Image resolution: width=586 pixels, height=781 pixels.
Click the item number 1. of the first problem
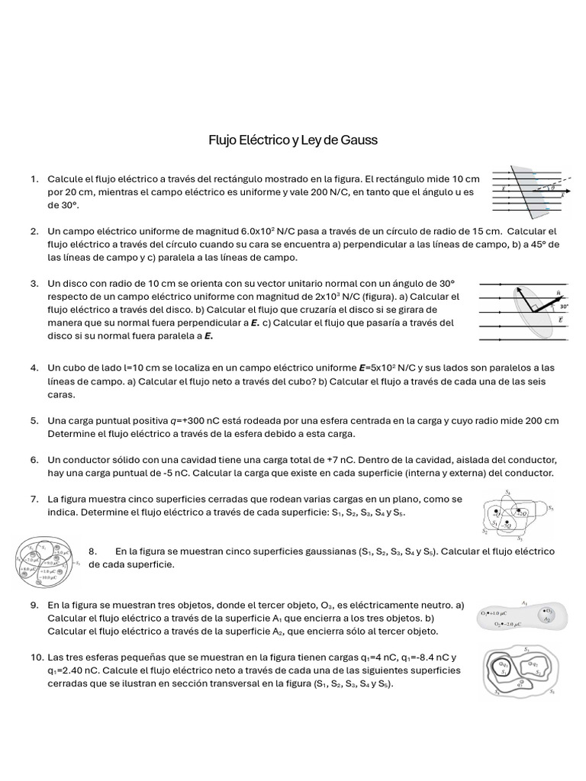click(x=35, y=179)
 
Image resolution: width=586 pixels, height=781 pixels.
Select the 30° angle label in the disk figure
click(x=563, y=307)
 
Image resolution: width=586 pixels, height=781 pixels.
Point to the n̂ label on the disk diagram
click(x=561, y=292)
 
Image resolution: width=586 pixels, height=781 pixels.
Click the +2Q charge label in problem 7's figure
click(x=520, y=513)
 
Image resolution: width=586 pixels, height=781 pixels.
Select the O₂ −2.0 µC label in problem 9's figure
click(x=509, y=623)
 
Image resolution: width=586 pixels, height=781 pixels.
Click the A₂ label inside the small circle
click(x=546, y=619)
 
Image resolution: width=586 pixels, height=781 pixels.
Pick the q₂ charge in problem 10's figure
click(x=535, y=664)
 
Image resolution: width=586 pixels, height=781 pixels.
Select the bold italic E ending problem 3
click(x=208, y=336)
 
